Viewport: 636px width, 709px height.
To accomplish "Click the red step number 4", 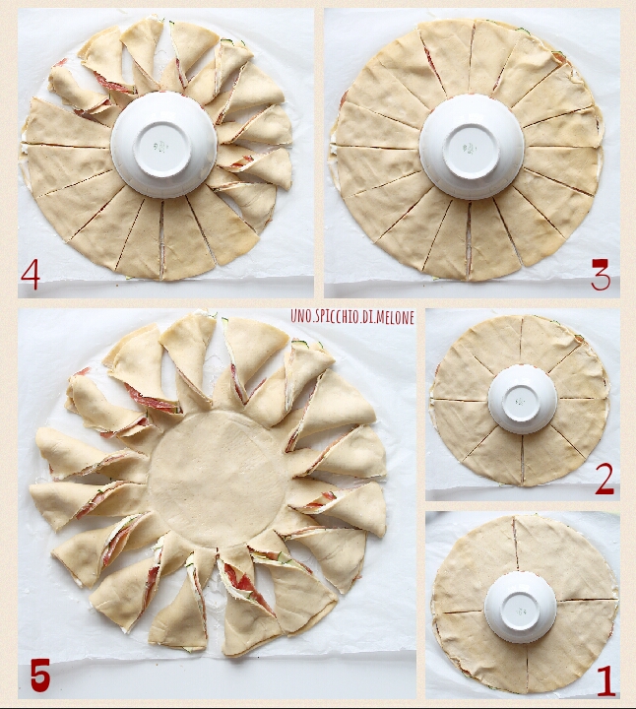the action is pos(31,276).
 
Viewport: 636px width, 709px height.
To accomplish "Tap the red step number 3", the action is pos(601,275).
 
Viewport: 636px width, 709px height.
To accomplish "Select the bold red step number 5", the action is pos(39,676).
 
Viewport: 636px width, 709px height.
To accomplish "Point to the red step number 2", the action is pos(604,479).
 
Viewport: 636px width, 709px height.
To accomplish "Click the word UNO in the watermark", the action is pos(298,317).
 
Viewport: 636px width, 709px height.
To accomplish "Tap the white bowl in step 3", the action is pos(472,147).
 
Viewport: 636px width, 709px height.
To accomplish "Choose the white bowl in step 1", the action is pos(520,607).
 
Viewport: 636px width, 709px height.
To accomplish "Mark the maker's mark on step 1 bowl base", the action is pos(521,611).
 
